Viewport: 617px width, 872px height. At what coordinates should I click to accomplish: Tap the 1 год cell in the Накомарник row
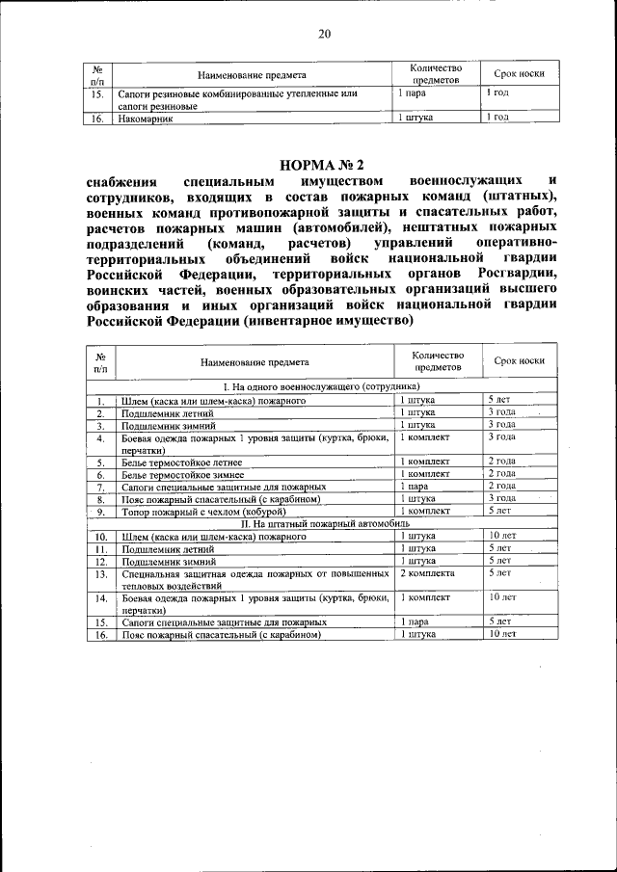(497, 118)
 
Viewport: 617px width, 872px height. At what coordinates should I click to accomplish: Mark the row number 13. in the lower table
(99, 573)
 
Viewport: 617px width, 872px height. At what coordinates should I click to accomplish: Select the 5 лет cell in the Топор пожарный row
(498, 512)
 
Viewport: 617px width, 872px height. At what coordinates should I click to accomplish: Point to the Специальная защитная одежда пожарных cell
(254, 578)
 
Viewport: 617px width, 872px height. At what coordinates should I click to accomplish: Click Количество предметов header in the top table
(436, 74)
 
